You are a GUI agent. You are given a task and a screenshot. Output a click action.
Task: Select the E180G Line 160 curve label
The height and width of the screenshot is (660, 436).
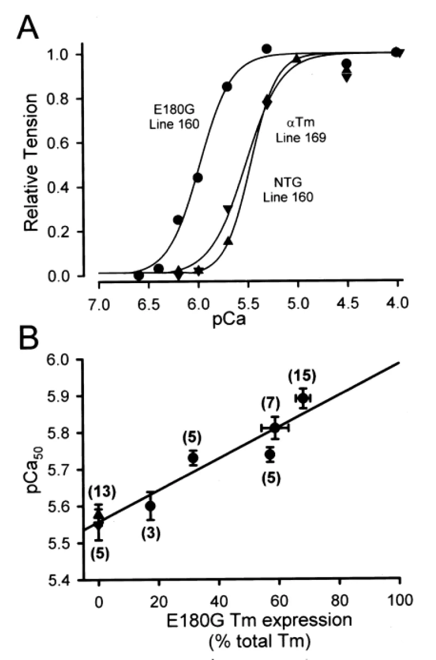174,116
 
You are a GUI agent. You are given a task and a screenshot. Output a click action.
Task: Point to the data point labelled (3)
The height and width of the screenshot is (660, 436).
150,506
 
